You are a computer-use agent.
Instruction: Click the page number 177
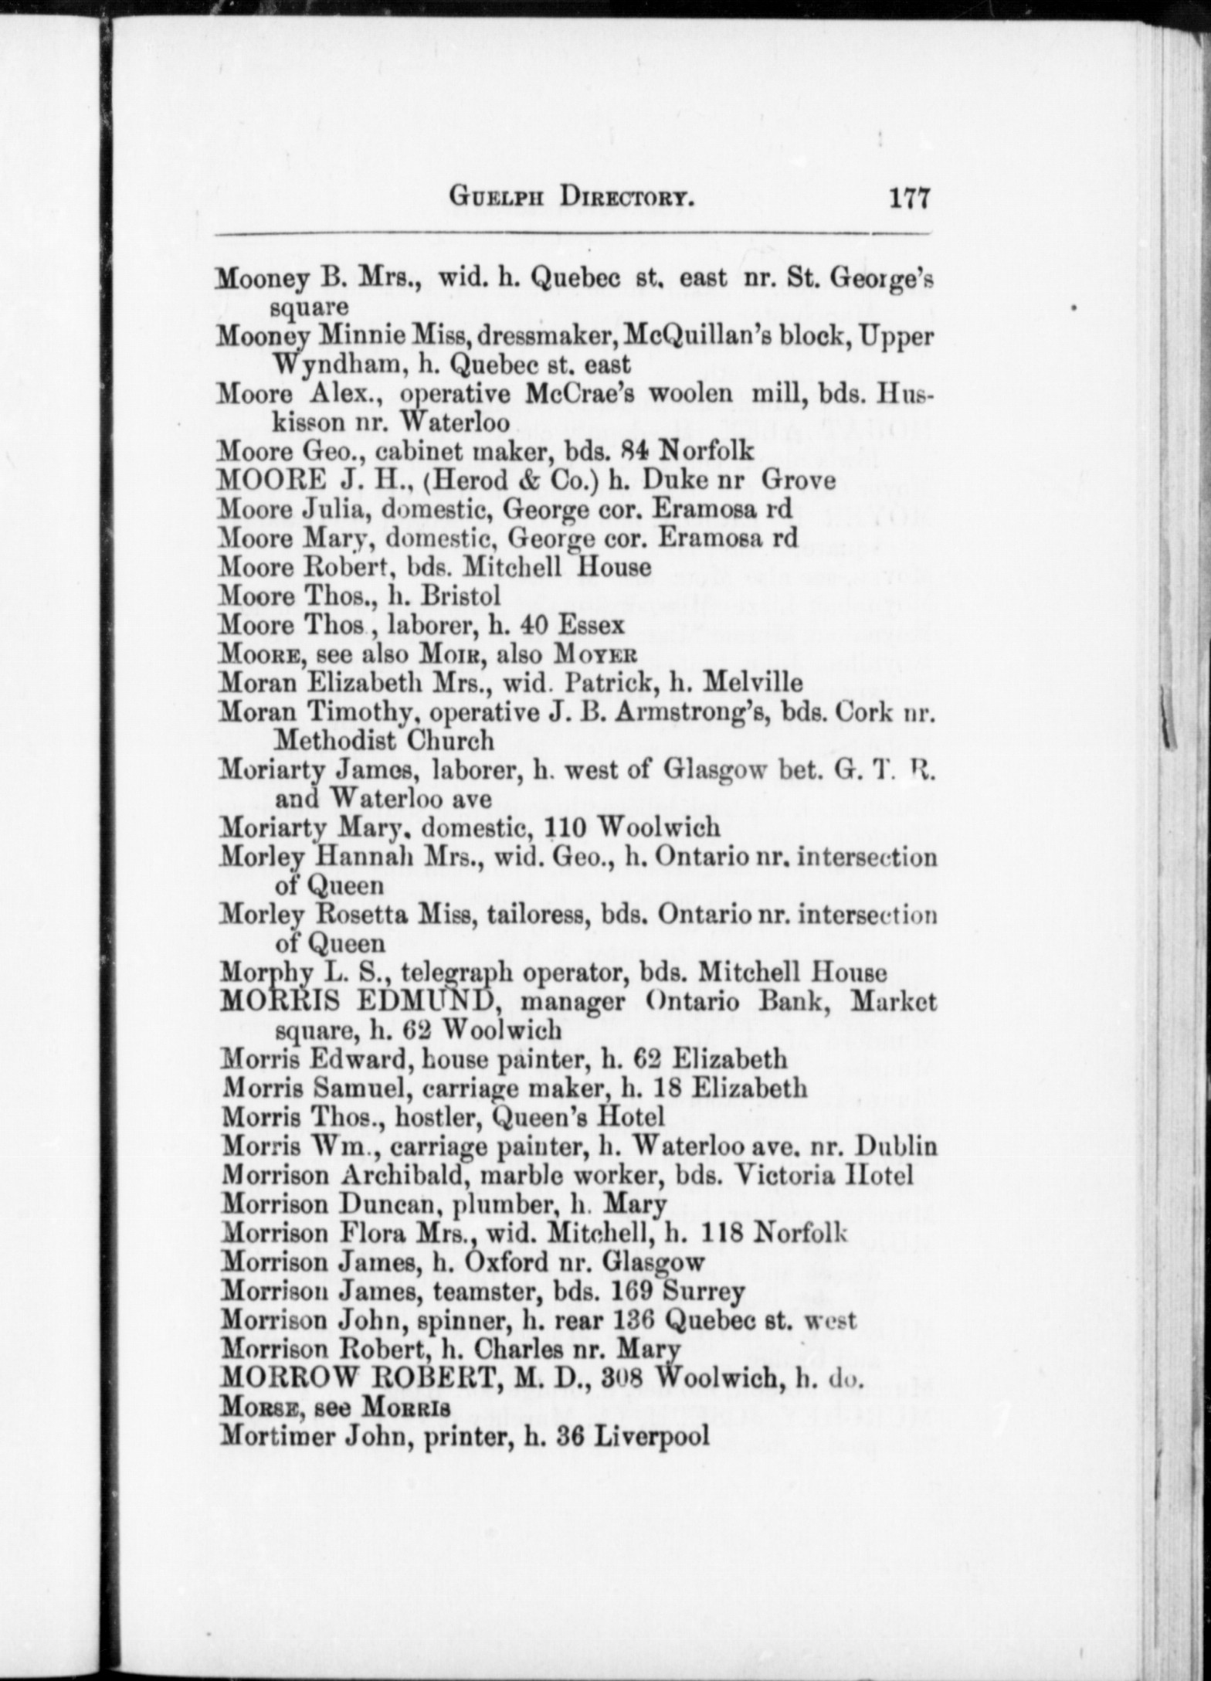(909, 198)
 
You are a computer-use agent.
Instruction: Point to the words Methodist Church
(384, 741)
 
